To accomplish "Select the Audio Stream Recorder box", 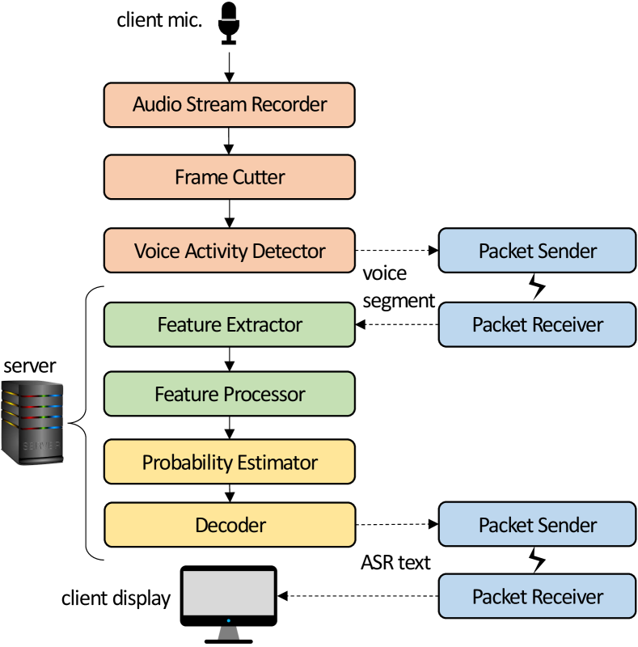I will pos(230,104).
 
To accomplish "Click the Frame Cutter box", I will pos(230,177).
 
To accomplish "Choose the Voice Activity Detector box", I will pos(230,251).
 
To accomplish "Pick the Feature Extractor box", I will pos(230,325).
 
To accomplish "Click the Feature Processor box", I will pos(230,395).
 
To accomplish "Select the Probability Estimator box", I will pos(230,463).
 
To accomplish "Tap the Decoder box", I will pos(230,525).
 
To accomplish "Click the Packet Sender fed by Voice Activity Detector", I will pos(537,251).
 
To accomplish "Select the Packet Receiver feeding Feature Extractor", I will pos(537,325).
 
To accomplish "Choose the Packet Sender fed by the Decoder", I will pos(537,525).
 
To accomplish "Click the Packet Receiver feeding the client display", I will pos(537,597).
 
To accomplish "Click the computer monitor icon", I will pos(228,603).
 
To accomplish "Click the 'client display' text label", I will pos(116,598).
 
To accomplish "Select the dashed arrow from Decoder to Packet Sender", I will pos(396,525).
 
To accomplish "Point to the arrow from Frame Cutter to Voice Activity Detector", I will pos(230,214).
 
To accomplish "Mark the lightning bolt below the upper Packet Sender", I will pos(537,288).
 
